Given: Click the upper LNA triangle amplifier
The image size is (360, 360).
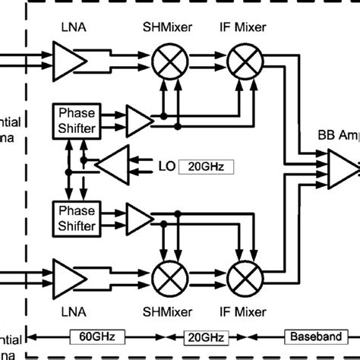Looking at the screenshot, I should (x=65, y=55).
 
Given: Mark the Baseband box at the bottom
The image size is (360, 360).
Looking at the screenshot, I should (x=311, y=335).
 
